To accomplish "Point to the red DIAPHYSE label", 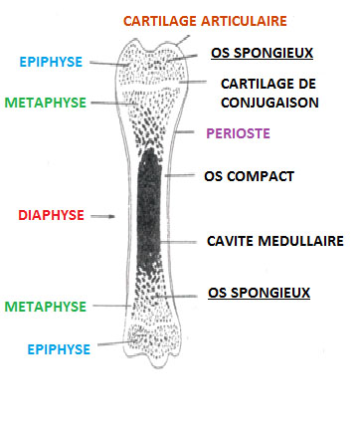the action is pos(51,214).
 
